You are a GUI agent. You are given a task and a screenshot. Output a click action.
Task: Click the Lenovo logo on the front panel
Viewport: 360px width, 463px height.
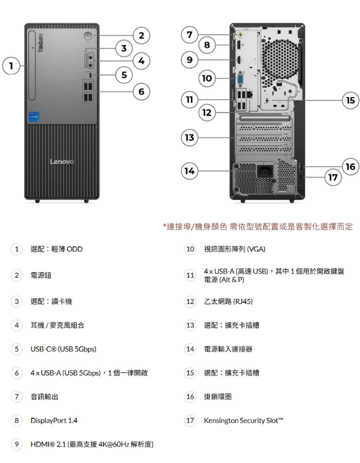62,163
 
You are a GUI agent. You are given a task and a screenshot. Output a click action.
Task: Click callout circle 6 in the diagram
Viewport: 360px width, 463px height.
141,92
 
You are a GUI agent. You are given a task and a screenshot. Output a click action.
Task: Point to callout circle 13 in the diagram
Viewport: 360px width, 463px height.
190,137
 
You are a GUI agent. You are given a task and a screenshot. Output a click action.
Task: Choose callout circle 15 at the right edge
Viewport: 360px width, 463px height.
350,100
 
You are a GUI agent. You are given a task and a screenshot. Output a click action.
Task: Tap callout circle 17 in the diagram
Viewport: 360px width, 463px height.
334,177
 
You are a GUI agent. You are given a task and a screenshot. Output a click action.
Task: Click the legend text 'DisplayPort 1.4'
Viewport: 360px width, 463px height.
54,421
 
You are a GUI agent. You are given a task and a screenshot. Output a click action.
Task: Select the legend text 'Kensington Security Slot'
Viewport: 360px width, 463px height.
244,421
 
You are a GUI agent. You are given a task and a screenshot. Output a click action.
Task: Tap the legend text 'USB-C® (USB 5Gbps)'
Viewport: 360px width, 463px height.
63,349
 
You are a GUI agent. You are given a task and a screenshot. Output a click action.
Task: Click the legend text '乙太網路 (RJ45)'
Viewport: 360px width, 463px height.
228,301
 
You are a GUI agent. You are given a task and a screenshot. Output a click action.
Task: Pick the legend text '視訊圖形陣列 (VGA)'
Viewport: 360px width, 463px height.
235,249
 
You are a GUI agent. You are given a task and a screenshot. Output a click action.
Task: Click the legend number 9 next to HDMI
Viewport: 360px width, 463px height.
17,443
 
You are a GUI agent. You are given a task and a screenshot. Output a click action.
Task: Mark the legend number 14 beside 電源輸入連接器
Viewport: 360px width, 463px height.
190,349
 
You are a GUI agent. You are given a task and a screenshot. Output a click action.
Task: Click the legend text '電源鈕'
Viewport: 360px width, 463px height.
41,276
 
